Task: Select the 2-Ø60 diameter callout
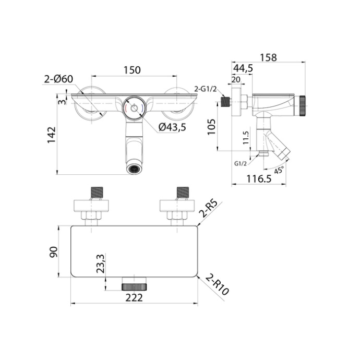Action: pos(58,79)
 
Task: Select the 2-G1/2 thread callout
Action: pos(205,89)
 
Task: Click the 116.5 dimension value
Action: pos(259,179)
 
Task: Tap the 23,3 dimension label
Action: pos(101,264)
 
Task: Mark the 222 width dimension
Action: pos(134,297)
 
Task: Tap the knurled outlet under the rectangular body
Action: pos(135,285)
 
